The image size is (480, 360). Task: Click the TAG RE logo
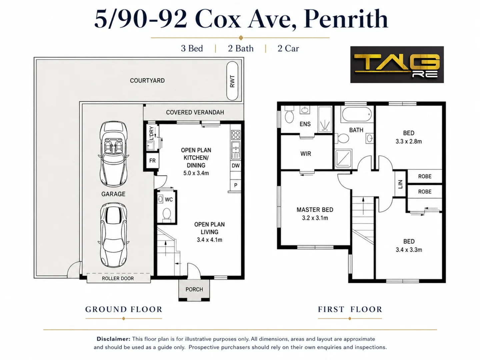tap(397, 64)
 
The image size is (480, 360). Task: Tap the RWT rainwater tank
tap(232, 81)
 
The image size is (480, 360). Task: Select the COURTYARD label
tap(147, 81)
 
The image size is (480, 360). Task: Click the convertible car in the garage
tap(113, 154)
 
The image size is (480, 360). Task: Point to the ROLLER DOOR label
tap(118, 278)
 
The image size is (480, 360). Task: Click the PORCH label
tap(194, 289)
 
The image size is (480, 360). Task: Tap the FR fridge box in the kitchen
tap(152, 161)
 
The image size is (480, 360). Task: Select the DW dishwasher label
tap(236, 165)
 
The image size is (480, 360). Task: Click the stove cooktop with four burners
tap(236, 135)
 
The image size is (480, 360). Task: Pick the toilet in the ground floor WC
tap(167, 214)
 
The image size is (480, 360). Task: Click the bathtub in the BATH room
tap(357, 114)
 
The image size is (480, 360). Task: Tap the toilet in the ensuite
tap(289, 116)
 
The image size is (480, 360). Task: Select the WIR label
tap(305, 154)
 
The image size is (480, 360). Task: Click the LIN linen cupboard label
tap(400, 184)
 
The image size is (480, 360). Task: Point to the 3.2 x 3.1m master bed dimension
tap(315, 218)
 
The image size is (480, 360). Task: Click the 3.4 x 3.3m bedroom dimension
tap(409, 250)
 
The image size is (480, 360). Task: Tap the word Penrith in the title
tap(346, 19)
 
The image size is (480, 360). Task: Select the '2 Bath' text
tap(241, 48)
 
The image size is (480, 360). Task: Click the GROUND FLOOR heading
tap(124, 309)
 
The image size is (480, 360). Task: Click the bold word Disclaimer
tap(113, 339)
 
